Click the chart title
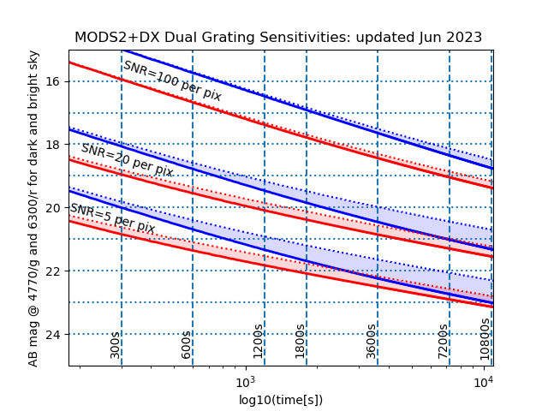tap(278, 38)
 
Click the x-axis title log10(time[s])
tap(281, 400)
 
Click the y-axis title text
tap(34, 208)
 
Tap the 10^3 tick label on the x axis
tap(246, 381)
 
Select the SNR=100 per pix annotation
tap(172, 81)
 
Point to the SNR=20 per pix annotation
tap(127, 160)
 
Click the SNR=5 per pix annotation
tap(112, 218)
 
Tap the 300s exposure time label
tap(116, 344)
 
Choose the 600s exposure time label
tap(187, 344)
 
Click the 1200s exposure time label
tap(258, 341)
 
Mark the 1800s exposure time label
tap(300, 341)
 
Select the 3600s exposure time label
tap(371, 341)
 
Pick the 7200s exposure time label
tap(443, 341)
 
